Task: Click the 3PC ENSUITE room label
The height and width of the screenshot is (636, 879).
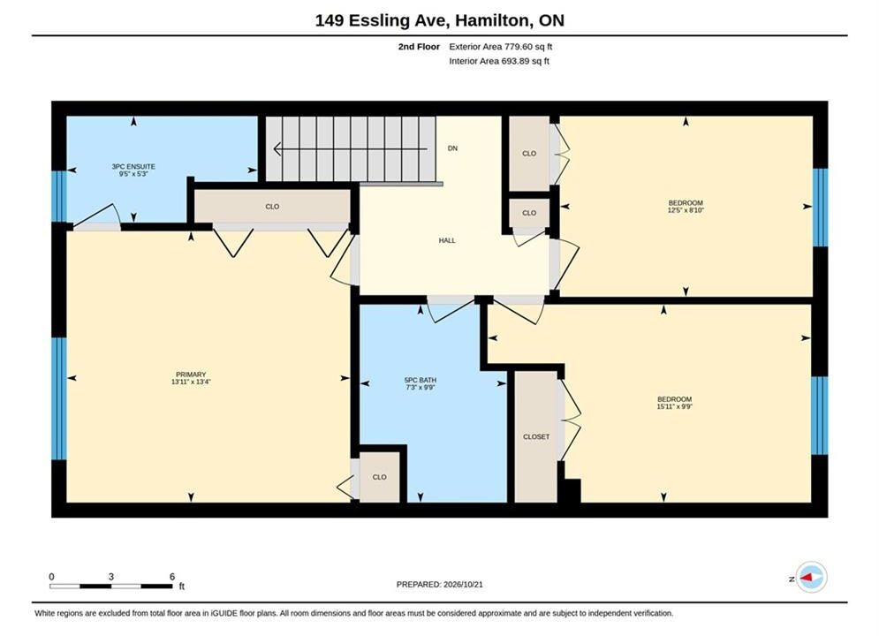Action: pyautogui.click(x=133, y=166)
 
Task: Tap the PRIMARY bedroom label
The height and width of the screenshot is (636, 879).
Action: pyautogui.click(x=191, y=375)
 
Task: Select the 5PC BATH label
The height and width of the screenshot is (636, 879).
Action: pyautogui.click(x=421, y=380)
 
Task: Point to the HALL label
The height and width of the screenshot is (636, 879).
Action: pyautogui.click(x=447, y=240)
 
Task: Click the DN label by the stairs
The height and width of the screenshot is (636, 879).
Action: pyautogui.click(x=452, y=148)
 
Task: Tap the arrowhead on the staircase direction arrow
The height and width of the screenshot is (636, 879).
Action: pyautogui.click(x=277, y=149)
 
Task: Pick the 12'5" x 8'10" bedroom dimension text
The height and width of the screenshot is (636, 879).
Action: pyautogui.click(x=686, y=210)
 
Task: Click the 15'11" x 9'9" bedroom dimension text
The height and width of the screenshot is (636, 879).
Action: pyautogui.click(x=674, y=407)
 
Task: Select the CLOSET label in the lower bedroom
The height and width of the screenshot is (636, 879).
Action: pyautogui.click(x=536, y=436)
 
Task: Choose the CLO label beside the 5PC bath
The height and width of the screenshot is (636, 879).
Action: pyautogui.click(x=380, y=477)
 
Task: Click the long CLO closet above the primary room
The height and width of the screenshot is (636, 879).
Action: pyautogui.click(x=272, y=207)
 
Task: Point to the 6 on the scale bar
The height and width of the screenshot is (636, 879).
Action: pyautogui.click(x=172, y=577)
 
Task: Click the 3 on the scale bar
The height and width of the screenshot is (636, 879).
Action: pyautogui.click(x=111, y=577)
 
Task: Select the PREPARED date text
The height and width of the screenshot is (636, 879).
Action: pyautogui.click(x=440, y=585)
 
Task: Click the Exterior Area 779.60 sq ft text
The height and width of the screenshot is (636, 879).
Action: pyautogui.click(x=501, y=47)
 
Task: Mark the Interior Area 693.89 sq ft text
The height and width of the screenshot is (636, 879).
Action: pyautogui.click(x=499, y=61)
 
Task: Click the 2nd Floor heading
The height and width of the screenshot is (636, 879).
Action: pyautogui.click(x=419, y=47)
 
